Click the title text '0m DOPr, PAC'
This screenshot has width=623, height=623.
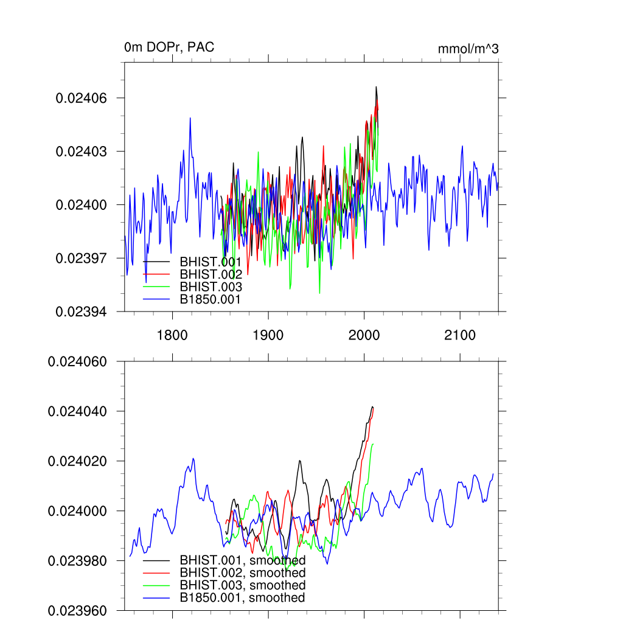click(169, 47)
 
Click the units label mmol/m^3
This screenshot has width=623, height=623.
click(468, 49)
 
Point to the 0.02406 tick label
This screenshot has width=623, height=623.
click(82, 98)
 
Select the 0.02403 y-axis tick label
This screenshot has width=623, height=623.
click(82, 151)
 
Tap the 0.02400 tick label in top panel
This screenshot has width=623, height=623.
click(82, 205)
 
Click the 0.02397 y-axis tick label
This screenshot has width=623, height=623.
click(82, 258)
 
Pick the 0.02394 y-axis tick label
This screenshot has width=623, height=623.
click(82, 311)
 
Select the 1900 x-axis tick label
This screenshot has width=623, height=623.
click(268, 335)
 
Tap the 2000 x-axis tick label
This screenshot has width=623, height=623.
click(364, 335)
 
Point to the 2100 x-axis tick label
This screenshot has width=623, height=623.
click(460, 335)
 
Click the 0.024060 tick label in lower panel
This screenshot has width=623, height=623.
click(78, 361)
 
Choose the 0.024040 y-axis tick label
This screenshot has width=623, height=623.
click(78, 411)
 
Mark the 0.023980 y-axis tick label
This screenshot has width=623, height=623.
click(78, 560)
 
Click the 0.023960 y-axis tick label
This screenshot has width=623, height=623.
click(78, 610)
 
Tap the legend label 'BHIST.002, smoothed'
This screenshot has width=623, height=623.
click(242, 573)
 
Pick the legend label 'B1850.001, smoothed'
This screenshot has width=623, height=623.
click(242, 598)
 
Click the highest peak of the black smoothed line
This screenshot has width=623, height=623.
click(372, 406)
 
